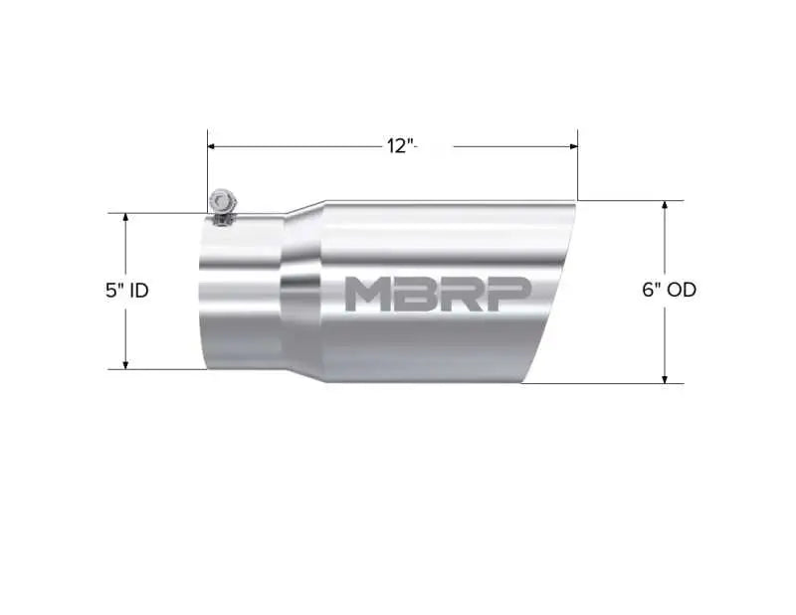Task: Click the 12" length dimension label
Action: (399, 146)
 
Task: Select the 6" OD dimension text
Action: (669, 291)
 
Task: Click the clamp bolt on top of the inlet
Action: (220, 202)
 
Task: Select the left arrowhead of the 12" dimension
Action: (212, 146)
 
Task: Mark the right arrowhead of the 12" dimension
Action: (573, 146)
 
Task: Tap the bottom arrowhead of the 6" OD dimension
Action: (665, 378)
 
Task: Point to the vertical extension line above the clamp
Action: (207, 164)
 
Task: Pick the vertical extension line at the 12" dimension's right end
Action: (578, 169)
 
